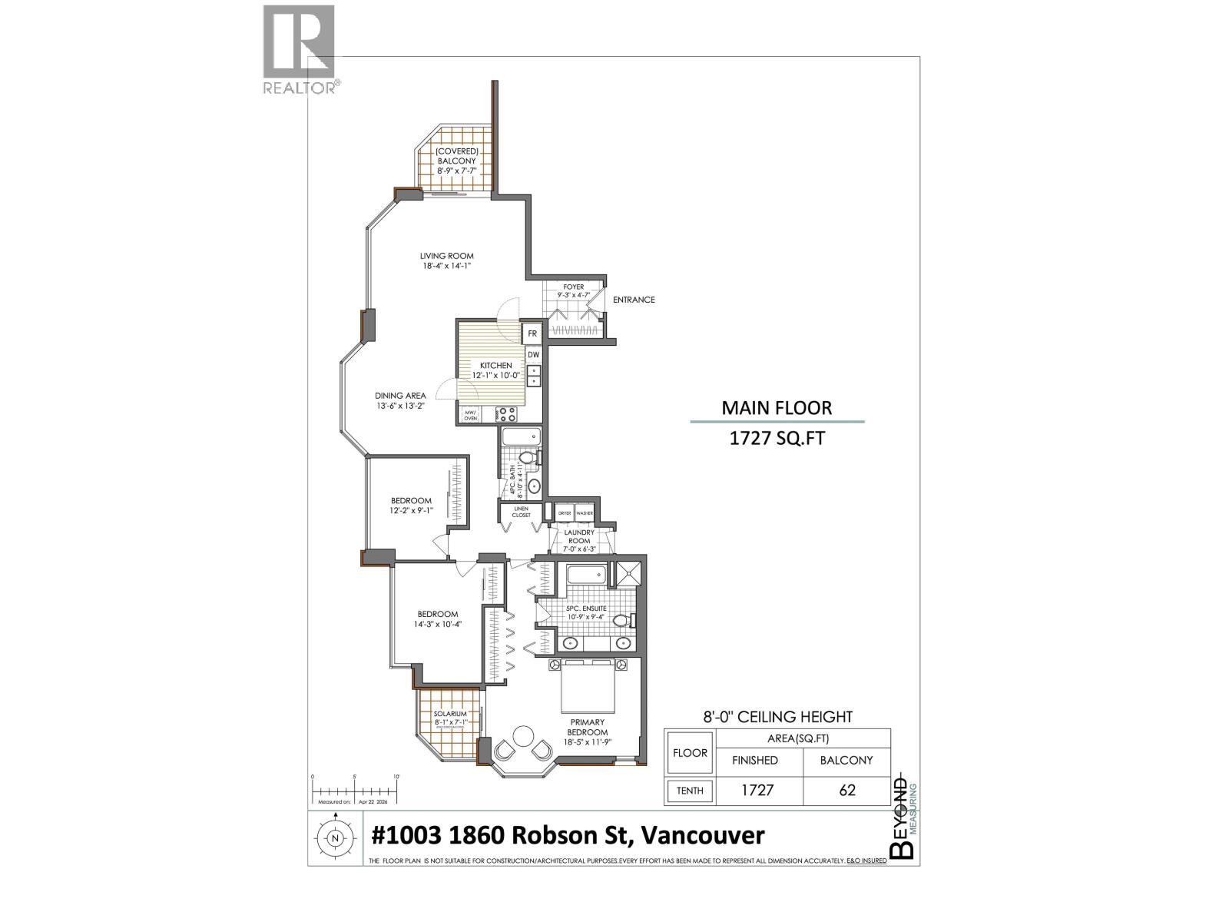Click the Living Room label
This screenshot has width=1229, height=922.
pos(446,261)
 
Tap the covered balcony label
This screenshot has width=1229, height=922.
pos(457,161)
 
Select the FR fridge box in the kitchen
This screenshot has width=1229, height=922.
pos(532,334)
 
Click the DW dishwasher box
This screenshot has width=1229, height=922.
pos(533,354)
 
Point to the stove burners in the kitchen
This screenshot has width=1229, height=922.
pos(507,414)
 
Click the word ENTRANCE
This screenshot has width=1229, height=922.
pos(634,300)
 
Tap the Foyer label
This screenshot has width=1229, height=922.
pos(574,290)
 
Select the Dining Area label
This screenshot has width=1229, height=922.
pos(400,400)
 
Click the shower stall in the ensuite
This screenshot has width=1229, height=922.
pos(628,574)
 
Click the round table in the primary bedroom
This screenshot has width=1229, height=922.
pos(525,735)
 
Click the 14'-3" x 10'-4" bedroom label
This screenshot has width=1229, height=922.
pos(438,619)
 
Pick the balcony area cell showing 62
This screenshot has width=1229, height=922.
pos(846,790)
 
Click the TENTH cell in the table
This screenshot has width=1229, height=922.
pos(690,790)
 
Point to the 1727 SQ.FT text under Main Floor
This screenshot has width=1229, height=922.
pos(776,440)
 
